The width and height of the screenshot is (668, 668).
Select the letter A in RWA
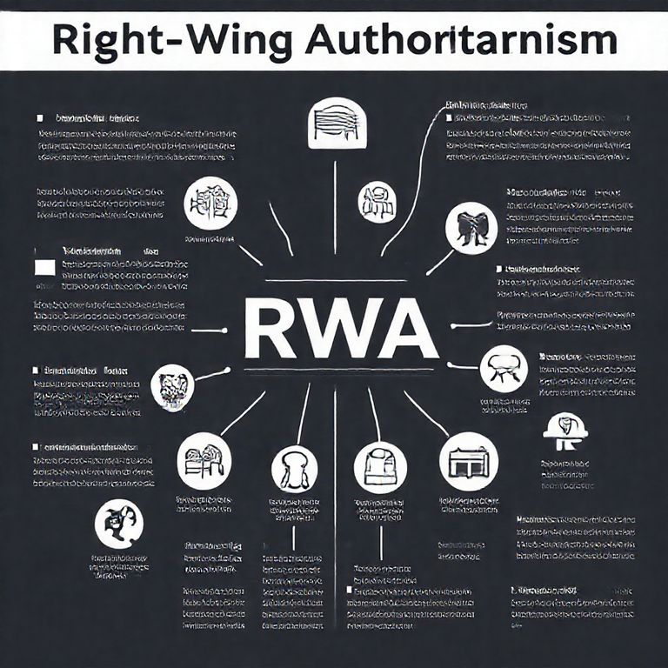pos(408,330)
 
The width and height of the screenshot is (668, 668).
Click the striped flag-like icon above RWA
pos(335,121)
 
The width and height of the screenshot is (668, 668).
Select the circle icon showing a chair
pos(504,367)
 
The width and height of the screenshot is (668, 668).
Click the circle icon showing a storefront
pos(469,461)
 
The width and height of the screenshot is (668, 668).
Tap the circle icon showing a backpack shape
pos(294,469)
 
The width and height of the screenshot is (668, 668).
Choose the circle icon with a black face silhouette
pos(119,524)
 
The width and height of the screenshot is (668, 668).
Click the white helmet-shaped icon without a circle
pos(564,431)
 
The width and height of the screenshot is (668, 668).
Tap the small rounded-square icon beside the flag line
pos(377,202)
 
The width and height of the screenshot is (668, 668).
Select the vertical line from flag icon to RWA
pos(335,200)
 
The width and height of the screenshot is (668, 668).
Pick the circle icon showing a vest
pos(380,467)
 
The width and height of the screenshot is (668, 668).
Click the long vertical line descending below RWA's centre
pos(335,522)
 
